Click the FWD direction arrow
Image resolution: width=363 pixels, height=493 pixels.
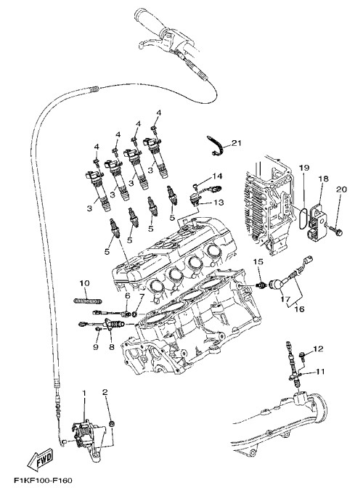point(40,460)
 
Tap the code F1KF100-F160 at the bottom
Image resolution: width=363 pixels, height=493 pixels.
point(43,481)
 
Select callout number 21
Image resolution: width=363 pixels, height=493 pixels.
point(237,143)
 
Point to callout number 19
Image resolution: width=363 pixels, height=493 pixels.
point(304,168)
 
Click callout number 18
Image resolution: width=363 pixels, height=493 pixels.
point(323,179)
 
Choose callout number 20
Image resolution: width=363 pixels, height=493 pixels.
point(342,190)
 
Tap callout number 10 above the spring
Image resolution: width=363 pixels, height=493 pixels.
point(84,283)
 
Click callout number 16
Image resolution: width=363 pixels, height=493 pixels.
point(300,309)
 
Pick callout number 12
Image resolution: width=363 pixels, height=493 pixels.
point(318,349)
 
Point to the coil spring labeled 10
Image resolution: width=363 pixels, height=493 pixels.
point(88,301)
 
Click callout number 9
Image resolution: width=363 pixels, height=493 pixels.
point(96,347)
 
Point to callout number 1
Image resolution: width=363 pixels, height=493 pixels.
point(84,393)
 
